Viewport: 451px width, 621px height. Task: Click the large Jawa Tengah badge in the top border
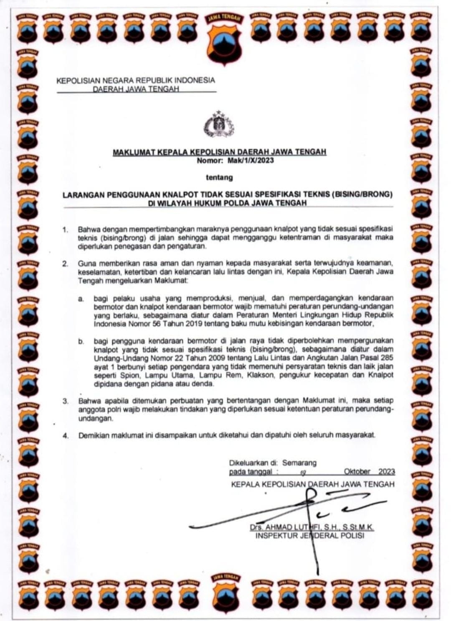(223, 36)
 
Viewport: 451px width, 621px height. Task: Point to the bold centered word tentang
(219, 177)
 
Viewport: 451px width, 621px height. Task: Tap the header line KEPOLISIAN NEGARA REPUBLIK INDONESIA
(136, 80)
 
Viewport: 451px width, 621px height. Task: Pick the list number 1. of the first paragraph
(65, 230)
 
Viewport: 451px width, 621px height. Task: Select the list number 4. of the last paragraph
(66, 435)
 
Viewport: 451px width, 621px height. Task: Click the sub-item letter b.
(81, 341)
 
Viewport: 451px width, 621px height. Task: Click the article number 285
(387, 358)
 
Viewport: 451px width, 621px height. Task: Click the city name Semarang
(299, 463)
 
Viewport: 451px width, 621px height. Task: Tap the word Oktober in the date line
(357, 472)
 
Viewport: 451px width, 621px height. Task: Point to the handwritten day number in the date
(303, 473)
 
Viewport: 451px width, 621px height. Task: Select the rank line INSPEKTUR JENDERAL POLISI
(309, 536)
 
